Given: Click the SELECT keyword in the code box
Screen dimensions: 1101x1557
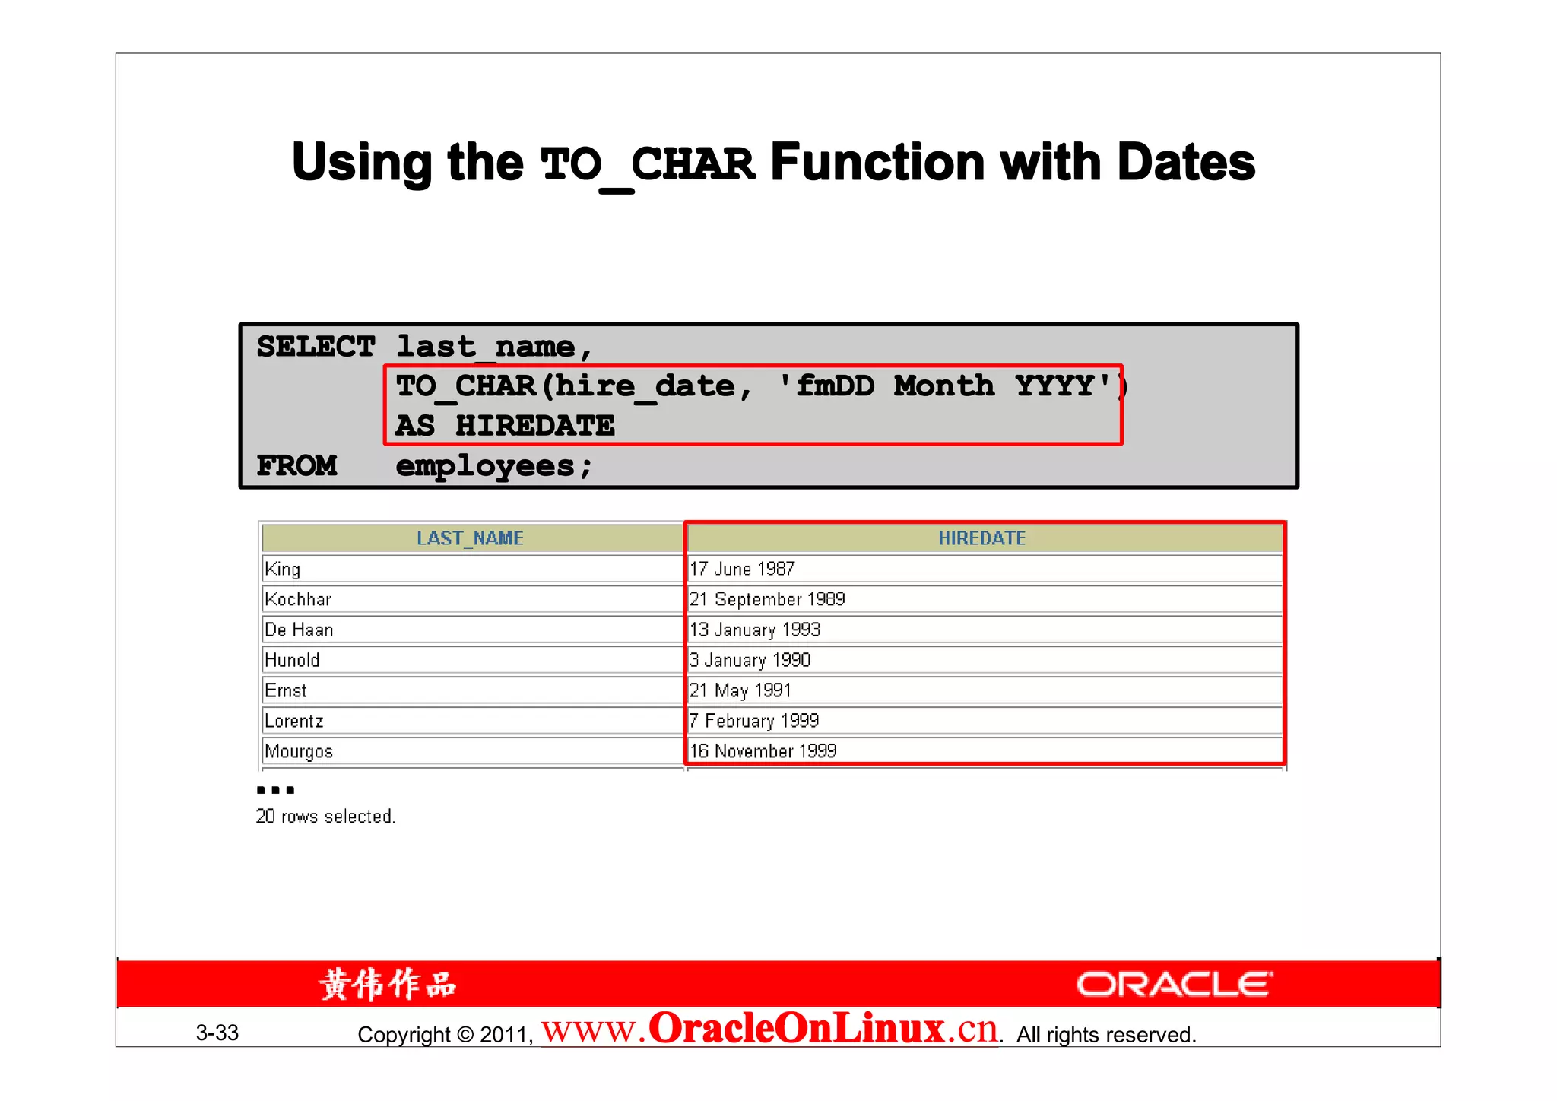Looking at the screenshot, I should [x=316, y=347].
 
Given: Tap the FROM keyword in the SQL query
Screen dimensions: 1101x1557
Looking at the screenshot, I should [x=296, y=465].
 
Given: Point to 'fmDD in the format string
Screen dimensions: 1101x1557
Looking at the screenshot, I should [x=826, y=386].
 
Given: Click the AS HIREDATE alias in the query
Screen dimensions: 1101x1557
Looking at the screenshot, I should [x=505, y=426].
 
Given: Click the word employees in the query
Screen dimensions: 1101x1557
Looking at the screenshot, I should [x=485, y=466].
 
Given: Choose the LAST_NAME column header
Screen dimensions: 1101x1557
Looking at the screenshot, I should [x=470, y=538].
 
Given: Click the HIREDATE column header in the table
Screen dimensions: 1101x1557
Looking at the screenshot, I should [x=981, y=538].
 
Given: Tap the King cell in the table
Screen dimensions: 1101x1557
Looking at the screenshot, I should [x=283, y=569].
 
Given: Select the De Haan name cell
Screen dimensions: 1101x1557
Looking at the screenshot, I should [x=299, y=630].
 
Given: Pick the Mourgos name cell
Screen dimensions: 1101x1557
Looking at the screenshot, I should [x=299, y=751].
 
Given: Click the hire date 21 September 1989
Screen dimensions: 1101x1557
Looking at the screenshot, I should [x=767, y=599].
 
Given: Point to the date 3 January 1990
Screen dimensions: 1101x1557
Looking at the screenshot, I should [x=750, y=660].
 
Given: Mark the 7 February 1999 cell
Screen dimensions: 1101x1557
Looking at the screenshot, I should [x=754, y=721].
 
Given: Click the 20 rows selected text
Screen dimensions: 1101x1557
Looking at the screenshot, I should [x=325, y=817].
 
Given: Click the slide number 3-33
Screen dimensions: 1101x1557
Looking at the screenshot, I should [x=217, y=1033].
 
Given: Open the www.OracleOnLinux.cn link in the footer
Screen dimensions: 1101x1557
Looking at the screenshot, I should [x=769, y=1030].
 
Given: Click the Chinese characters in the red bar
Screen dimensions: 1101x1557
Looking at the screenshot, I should [x=388, y=985].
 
